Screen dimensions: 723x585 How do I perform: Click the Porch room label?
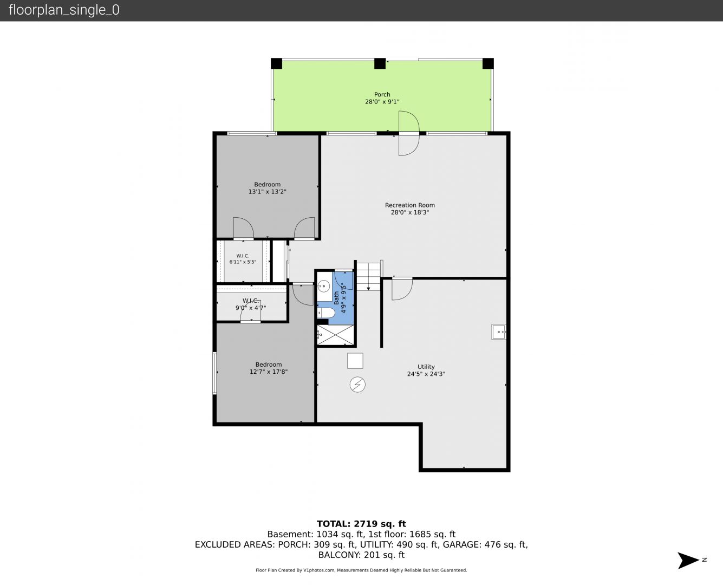tap(382, 94)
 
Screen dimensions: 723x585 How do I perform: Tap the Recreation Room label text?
tap(409, 205)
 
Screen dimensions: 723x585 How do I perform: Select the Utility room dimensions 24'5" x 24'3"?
tap(426, 374)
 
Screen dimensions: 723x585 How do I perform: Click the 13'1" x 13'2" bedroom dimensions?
tap(267, 192)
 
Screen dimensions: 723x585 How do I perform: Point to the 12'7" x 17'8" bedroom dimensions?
tap(269, 372)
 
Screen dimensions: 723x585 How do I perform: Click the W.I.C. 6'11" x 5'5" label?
tap(243, 259)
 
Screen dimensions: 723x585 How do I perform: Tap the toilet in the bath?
tap(326, 313)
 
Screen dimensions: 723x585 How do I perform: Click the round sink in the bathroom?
tap(324, 286)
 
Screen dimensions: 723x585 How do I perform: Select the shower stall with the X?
tap(335, 335)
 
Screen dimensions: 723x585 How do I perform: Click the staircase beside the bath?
tap(368, 276)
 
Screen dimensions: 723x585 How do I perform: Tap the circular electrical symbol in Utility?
tap(357, 385)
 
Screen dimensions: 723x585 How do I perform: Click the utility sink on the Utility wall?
tap(499, 331)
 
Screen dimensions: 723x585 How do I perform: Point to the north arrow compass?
tap(688, 561)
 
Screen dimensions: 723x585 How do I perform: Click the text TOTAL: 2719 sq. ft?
tap(361, 524)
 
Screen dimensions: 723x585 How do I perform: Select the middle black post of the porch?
tap(380, 63)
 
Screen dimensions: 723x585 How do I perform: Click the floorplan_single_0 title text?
tap(64, 10)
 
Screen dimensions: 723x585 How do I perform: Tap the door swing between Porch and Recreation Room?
tap(409, 133)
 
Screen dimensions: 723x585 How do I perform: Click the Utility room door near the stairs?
tap(402, 289)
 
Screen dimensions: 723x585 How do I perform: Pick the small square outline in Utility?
tap(355, 361)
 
